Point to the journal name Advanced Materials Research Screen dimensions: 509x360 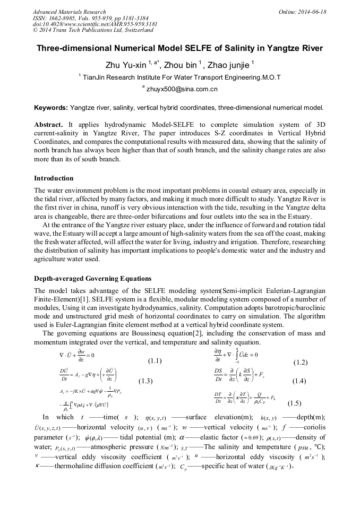pyautogui.click(x=69, y=12)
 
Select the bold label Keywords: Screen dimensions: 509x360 pyautogui.click(x=51, y=107)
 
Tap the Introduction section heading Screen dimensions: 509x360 pyautogui.click(x=54, y=178)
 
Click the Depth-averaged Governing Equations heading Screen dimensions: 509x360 pyautogui.click(x=92, y=279)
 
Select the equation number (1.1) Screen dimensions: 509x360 pyautogui.click(x=155, y=361)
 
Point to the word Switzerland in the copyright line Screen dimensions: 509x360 pyautogui.click(x=138, y=30)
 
